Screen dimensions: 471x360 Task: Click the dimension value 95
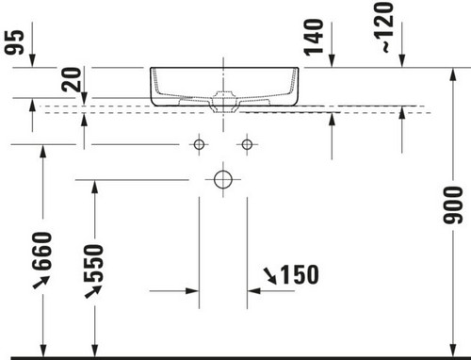pyautogui.click(x=15, y=41)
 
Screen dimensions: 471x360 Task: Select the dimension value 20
pyautogui.click(x=72, y=79)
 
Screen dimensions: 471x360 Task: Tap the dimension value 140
pyautogui.click(x=314, y=38)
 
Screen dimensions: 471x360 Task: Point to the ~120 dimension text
pyautogui.click(x=383, y=27)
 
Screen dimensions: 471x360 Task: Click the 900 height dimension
pyautogui.click(x=453, y=205)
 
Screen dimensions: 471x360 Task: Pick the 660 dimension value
pyautogui.click(x=41, y=251)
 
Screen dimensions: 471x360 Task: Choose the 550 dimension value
pyautogui.click(x=94, y=263)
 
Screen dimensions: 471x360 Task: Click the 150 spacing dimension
pyautogui.click(x=300, y=274)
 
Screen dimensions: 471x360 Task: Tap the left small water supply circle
pyautogui.click(x=199, y=144)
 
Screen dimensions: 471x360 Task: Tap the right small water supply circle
pyautogui.click(x=247, y=144)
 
